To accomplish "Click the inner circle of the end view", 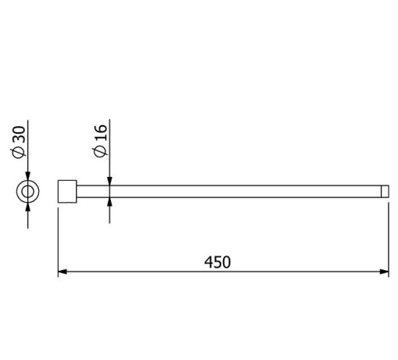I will click(28, 191).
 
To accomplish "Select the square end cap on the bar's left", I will click(68, 191).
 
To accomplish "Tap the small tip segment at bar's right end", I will click(385, 191).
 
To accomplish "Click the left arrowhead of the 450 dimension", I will click(63, 272).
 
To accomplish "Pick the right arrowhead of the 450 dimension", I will click(384, 272).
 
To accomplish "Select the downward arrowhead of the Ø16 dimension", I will click(109, 181).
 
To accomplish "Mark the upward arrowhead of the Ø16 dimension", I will click(109, 201).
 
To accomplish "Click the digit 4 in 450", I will click(208, 262).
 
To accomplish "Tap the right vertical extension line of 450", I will click(389, 235).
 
